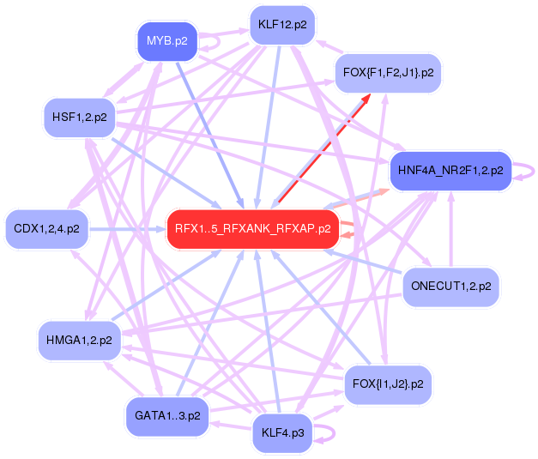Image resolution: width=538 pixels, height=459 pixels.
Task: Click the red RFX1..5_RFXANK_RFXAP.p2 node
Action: click(252, 229)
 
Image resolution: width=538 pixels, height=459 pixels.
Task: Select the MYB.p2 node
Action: click(167, 40)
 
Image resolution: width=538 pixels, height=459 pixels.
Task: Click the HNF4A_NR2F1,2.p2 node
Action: click(450, 171)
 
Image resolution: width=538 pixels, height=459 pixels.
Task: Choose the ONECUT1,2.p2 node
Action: click(450, 286)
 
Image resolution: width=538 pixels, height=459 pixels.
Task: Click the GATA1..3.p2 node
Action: click(167, 416)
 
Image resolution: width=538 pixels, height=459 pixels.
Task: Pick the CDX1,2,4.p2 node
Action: click(47, 229)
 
